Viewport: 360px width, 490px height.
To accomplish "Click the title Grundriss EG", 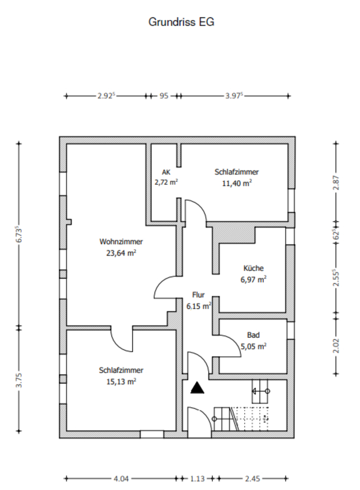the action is coord(181,22).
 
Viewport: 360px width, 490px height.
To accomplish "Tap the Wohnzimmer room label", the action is coord(121,241).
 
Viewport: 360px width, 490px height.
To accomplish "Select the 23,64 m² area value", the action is coord(121,253).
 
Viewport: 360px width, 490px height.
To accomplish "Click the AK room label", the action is coord(166,172).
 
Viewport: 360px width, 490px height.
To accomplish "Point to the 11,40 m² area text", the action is coord(237,183).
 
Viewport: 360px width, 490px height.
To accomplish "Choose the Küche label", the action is coord(253,268).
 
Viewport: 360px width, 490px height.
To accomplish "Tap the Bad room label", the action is coord(253,335).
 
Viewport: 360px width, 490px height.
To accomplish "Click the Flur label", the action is coord(199,295).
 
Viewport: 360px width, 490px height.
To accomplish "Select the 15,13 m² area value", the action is coord(121,382).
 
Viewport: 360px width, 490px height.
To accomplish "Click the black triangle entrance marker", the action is coord(197,388).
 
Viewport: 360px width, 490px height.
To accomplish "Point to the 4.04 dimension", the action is coord(121,478).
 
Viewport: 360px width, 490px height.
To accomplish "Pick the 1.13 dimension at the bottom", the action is coord(198,478).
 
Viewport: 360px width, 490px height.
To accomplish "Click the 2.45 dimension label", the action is coord(252,478).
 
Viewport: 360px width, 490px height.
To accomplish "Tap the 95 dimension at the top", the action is coord(164,96).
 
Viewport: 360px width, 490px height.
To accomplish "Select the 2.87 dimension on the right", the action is coord(336,183).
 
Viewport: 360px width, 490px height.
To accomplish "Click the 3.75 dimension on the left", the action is coord(19,380).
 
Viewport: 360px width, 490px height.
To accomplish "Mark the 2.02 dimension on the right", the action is coord(336,346).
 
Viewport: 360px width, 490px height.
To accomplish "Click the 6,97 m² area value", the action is coord(253,279).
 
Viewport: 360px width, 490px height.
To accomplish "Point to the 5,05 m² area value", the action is coord(253,346).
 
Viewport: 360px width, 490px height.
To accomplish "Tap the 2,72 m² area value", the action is coord(166,182).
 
